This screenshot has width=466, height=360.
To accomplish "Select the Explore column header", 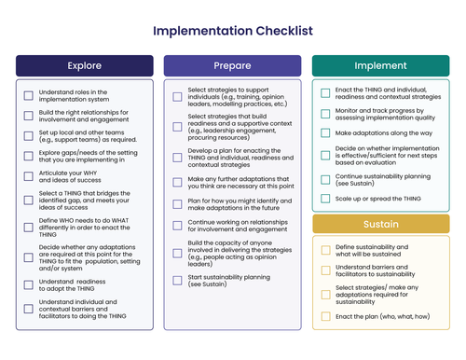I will [85, 66].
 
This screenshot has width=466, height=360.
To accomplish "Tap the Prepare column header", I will [232, 66].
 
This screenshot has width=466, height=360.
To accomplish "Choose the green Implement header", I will [380, 66].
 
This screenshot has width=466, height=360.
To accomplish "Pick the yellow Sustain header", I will [380, 225].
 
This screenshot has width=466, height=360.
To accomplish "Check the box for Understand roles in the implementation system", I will [29, 95].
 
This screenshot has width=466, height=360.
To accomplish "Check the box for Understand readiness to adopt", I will [29, 284].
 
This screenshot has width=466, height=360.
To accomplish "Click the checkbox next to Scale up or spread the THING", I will [325, 199].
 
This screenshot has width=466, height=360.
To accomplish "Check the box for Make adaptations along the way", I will [325, 133].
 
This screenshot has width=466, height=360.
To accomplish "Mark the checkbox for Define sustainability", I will [325, 250].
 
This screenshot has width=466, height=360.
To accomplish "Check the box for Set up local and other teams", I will [29, 132].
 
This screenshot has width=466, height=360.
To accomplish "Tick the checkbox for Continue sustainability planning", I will [325, 178].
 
